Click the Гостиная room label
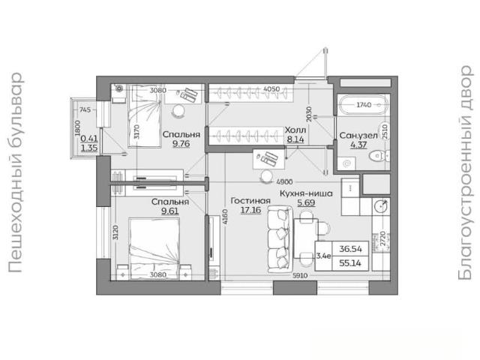tap(250, 201)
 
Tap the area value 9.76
tap(181, 143)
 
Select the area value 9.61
tap(170, 211)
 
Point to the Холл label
tap(295, 130)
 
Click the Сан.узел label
tap(358, 135)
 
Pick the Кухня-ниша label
tap(306, 193)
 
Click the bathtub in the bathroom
tap(363, 105)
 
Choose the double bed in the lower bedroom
tap(154, 248)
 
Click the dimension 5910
tap(300, 276)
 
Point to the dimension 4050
tap(271, 89)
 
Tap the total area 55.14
tap(350, 263)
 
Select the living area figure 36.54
tap(350, 249)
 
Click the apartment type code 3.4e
tap(323, 256)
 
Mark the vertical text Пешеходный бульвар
tap(15, 172)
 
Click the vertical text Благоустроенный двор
tap(465, 172)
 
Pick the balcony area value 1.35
tap(89, 148)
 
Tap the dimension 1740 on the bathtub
tap(364, 105)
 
